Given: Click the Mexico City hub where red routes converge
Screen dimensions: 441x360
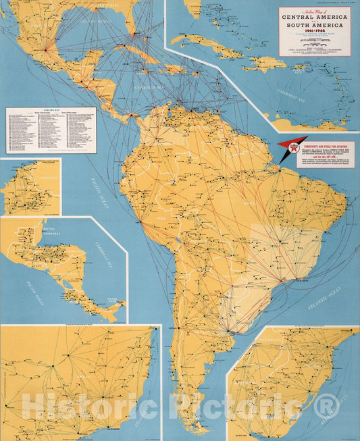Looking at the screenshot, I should pos(45,49).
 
